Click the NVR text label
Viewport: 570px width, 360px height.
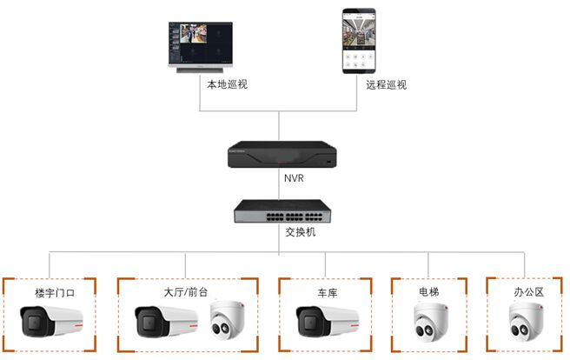(x=294, y=178)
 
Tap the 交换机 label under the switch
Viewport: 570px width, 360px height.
(x=301, y=231)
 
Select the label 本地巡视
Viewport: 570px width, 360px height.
(x=227, y=84)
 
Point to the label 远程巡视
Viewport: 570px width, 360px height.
(x=387, y=84)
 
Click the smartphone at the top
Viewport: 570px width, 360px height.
(x=359, y=41)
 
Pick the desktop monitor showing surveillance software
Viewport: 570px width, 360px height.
(x=201, y=47)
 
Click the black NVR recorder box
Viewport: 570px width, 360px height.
(x=282, y=155)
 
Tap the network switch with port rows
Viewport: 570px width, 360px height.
(x=282, y=211)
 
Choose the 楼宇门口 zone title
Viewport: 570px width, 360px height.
(x=55, y=293)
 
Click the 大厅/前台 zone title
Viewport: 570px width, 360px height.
(x=186, y=292)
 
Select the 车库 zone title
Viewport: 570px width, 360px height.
(x=328, y=293)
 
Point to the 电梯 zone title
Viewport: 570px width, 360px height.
(x=429, y=291)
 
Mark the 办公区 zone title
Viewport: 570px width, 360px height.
(x=528, y=292)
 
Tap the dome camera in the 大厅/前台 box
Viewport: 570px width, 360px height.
(x=227, y=320)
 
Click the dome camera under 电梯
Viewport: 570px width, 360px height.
(x=431, y=323)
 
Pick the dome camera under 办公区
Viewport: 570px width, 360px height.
(x=526, y=322)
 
